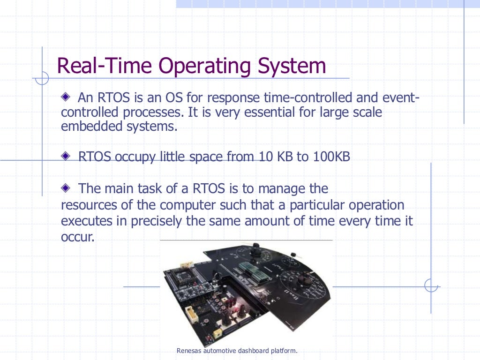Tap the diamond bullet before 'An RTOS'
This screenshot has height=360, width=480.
pos(66,97)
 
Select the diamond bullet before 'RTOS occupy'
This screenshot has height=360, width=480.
pos(66,156)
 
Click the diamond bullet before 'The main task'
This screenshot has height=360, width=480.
pos(66,188)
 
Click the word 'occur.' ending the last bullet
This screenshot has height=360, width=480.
pos(78,237)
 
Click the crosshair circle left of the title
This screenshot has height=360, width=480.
pos(42,78)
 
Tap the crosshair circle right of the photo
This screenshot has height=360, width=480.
pos(431,285)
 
